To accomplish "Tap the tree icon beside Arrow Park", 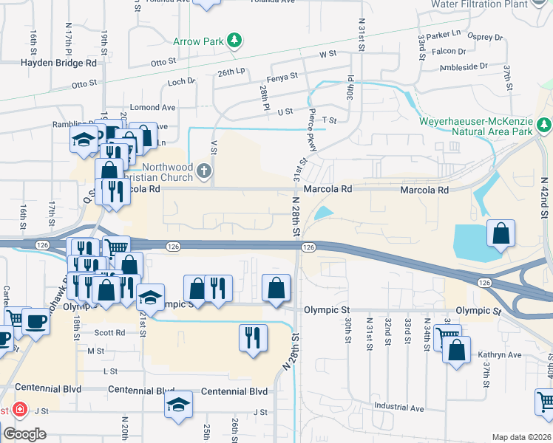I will [x=234, y=40].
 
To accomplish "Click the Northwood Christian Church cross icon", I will [x=204, y=173].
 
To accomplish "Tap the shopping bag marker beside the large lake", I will [x=501, y=233].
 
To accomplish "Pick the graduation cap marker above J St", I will [x=178, y=405].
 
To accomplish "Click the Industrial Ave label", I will [x=399, y=408].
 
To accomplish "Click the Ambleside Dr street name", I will [x=464, y=66].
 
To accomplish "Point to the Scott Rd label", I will [x=109, y=333].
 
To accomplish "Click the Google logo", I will [x=24, y=434].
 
